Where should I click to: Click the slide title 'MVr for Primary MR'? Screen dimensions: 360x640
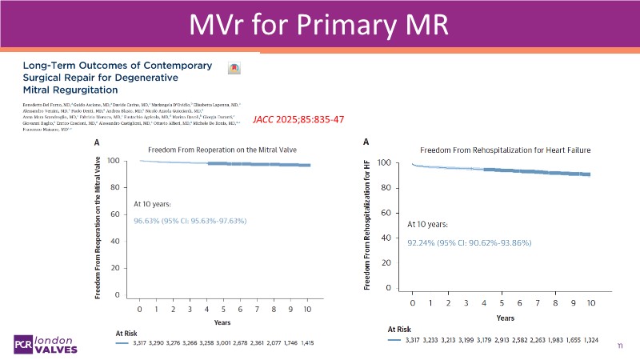[x=320, y=26]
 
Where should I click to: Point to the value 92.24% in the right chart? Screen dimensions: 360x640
[x=421, y=242]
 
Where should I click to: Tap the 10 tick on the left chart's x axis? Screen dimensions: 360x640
[x=308, y=309]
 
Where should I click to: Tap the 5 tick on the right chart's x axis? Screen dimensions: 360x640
[x=502, y=303]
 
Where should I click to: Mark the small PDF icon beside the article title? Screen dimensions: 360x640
[x=234, y=68]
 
